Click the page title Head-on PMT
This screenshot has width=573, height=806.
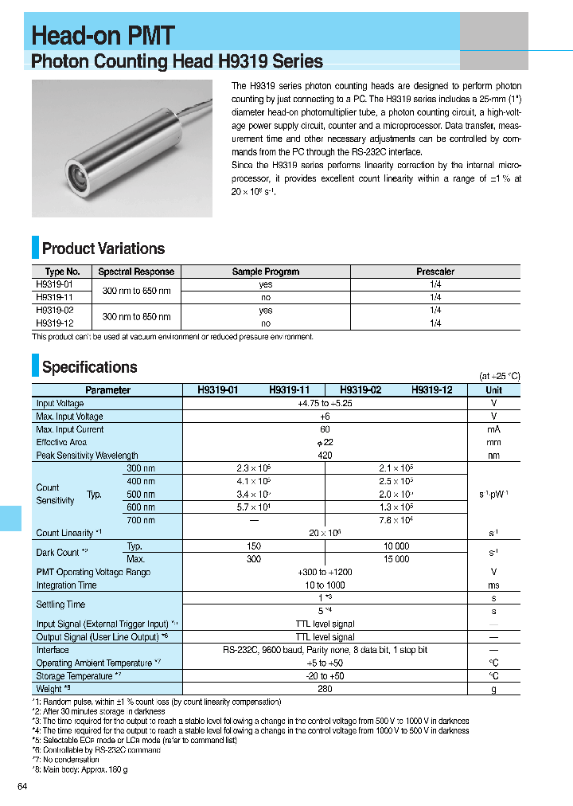coord(103,35)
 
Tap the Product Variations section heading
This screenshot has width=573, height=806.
coord(103,248)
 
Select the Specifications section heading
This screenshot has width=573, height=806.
coord(89,367)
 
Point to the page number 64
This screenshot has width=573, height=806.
coord(22,787)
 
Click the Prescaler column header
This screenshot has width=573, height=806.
coord(435,272)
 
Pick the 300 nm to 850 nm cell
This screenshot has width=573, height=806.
coord(136,317)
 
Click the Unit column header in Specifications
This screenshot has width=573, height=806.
coord(493,390)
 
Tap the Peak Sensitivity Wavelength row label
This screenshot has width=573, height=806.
coord(87,456)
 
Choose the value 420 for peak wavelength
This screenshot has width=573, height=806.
coord(325,456)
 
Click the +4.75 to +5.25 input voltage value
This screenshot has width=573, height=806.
coord(325,404)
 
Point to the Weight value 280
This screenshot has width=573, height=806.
coord(325,689)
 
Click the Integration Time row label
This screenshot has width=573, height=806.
coord(66,585)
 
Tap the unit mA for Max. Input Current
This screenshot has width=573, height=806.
coord(493,429)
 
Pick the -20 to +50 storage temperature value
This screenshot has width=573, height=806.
coord(325,676)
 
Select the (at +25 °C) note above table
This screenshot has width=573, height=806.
coord(499,376)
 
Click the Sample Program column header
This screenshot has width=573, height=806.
coord(265,272)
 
